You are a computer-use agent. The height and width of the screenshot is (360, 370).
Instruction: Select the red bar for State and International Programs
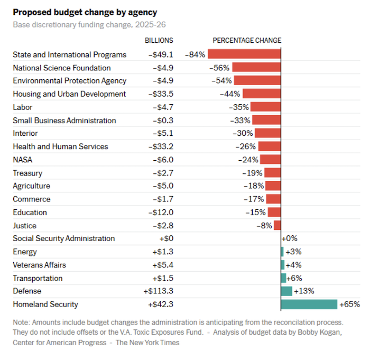coord(244,54)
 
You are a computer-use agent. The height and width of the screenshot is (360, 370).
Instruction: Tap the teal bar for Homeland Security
coord(309,304)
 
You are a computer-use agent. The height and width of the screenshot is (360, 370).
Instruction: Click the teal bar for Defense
coord(286,291)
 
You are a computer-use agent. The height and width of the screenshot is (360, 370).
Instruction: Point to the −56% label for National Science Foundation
coord(219,68)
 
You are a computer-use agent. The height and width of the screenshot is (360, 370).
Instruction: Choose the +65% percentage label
coord(350,304)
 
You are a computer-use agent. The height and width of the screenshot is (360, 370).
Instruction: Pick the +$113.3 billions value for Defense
coord(158,291)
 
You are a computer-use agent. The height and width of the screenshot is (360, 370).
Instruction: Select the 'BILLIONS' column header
coord(159,40)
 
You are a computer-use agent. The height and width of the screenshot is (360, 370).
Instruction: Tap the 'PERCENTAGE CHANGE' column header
coord(247,40)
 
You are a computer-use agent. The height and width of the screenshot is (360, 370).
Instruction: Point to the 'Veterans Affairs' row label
coord(39,265)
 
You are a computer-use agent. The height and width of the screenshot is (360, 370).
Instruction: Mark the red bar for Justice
coord(277,225)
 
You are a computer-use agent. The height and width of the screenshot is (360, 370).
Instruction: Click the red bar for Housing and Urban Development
coord(261,94)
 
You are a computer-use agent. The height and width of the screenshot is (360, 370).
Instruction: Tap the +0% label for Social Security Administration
coord(290,238)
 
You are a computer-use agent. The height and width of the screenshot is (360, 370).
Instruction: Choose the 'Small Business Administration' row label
coord(64,121)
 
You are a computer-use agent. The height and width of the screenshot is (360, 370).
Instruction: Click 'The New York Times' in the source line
coord(147,343)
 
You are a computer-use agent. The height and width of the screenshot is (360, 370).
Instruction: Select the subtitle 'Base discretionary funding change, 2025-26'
coord(90,25)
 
